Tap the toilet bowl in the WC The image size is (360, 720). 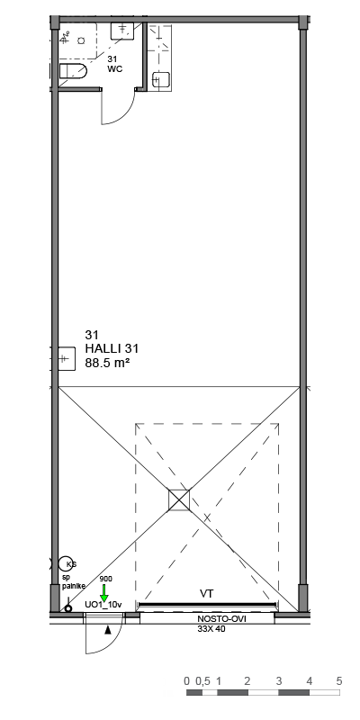click(74, 71)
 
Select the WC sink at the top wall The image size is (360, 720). click(122, 31)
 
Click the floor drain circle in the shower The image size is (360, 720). click(81, 40)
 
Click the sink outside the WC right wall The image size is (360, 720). click(161, 80)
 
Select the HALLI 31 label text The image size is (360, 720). click(112, 349)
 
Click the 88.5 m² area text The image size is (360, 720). click(107, 363)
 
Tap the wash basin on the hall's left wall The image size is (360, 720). click(64, 358)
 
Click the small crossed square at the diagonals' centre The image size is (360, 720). click(179, 500)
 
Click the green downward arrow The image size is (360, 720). click(104, 593)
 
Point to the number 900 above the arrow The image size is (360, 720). click(105, 579)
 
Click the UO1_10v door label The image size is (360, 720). click(103, 605)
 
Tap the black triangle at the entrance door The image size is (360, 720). click(108, 630)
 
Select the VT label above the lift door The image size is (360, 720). click(207, 594)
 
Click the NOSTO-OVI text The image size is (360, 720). click(221, 619)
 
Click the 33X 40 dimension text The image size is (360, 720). click(211, 628)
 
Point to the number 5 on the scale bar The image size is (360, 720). click(339, 681)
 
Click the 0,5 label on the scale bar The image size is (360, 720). click(202, 681)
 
